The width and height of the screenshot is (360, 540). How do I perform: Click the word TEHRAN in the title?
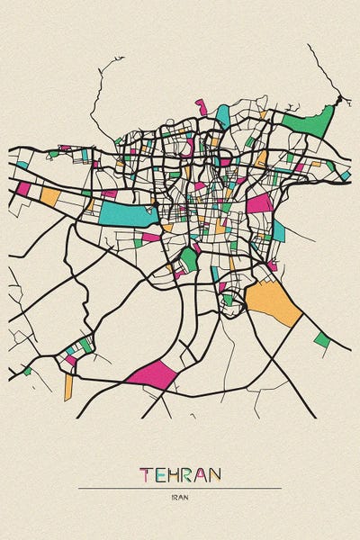180,473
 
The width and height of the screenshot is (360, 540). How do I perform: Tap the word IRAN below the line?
180,498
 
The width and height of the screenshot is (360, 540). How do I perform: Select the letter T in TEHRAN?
146,473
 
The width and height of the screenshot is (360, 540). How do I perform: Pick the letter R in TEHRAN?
187,473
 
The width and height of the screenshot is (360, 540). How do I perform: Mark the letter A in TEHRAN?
201,473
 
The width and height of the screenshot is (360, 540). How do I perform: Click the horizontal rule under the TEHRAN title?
180,488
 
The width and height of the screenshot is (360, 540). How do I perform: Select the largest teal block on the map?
126,213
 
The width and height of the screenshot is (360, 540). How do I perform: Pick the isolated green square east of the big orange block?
321,339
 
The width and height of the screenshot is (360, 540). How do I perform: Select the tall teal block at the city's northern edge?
222,115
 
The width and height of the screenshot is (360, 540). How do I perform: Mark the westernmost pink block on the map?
23,188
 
